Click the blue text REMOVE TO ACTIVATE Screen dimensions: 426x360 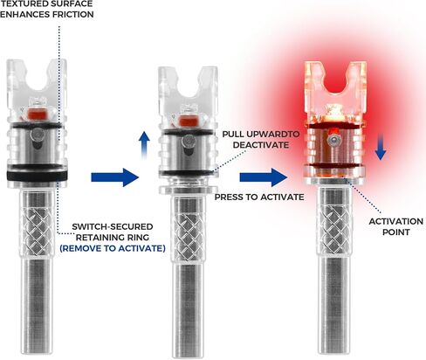(x=113, y=248)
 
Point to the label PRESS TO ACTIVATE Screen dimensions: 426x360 (x=259, y=197)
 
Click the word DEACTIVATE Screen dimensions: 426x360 (x=261, y=145)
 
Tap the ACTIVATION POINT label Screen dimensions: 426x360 (x=395, y=226)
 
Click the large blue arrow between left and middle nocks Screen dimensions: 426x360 (x=114, y=177)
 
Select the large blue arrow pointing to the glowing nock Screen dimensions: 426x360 (x=264, y=177)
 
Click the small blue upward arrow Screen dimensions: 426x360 (x=144, y=145)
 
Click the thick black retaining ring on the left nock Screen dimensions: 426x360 (x=38, y=176)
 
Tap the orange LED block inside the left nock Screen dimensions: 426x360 (x=38, y=114)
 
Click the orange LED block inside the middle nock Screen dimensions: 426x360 (x=188, y=121)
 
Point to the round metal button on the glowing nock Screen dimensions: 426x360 (x=333, y=141)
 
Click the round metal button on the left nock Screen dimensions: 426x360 (x=38, y=135)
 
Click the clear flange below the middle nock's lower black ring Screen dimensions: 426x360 (x=188, y=190)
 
